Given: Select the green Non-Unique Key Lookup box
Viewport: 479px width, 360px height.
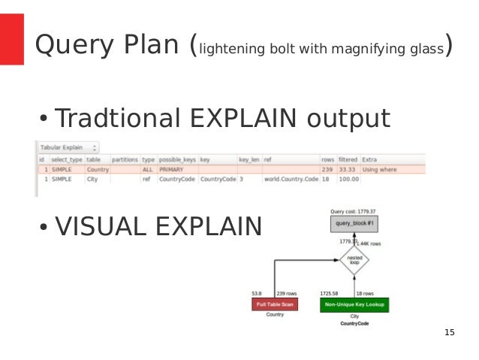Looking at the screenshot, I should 355,305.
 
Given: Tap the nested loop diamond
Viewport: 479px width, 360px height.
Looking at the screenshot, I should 354,260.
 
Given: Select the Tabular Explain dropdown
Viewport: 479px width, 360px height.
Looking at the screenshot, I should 69,148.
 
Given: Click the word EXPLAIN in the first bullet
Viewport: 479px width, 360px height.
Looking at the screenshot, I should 249,119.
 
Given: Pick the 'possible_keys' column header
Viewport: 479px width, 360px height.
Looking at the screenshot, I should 177,159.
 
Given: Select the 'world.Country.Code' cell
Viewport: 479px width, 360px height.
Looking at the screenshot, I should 291,180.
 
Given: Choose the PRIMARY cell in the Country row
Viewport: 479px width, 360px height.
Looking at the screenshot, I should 173,170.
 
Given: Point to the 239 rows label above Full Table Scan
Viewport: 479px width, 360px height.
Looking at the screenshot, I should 288,293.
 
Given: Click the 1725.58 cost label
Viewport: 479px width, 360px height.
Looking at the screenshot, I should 330,293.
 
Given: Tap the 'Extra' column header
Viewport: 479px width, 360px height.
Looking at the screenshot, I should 369,159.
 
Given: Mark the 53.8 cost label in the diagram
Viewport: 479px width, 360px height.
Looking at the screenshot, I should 257,293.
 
